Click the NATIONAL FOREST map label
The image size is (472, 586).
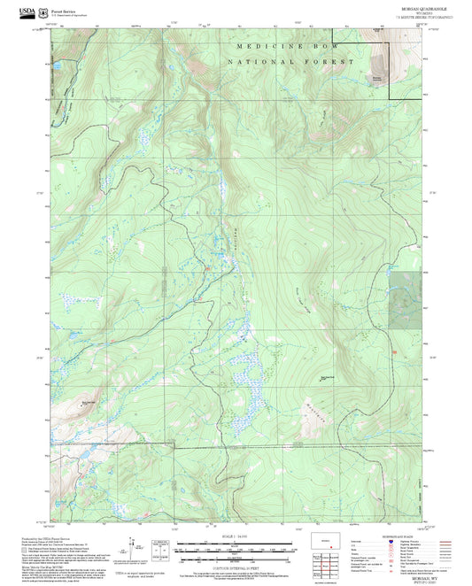click(x=290, y=62)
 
